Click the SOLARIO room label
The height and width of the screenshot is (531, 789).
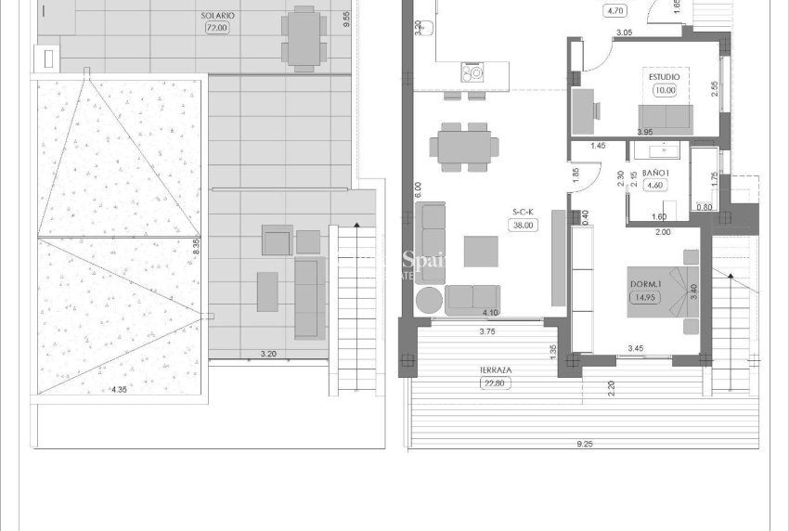(x=217, y=16)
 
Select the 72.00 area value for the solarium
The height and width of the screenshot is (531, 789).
(x=217, y=27)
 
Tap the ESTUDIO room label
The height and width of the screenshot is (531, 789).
(x=664, y=77)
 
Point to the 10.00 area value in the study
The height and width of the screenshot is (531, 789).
(x=664, y=90)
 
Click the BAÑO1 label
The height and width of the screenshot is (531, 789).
(x=655, y=173)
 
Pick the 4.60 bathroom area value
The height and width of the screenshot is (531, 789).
(x=655, y=185)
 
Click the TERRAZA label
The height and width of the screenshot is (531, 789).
(x=496, y=369)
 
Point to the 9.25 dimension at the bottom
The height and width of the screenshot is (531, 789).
(x=584, y=446)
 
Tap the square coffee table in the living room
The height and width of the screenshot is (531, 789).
(x=482, y=252)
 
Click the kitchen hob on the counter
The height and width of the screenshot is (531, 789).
(x=475, y=71)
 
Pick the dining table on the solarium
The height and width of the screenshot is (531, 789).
(x=304, y=37)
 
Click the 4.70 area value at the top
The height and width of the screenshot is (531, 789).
(x=614, y=11)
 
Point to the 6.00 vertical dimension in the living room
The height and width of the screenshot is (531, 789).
(x=418, y=189)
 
